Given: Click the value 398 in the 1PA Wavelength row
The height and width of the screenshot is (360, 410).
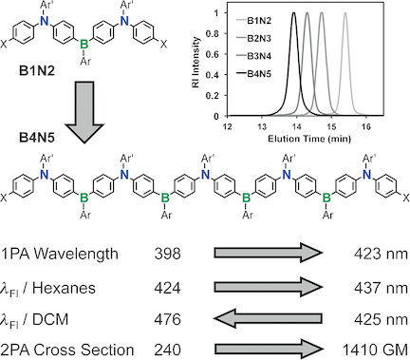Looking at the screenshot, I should coord(167,255).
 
